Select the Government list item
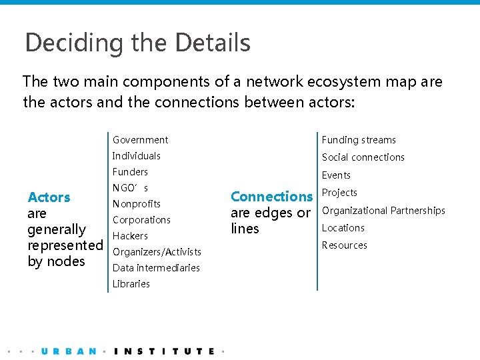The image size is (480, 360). [x=140, y=140]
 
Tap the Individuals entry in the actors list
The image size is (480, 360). [x=136, y=156]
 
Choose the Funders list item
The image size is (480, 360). [x=130, y=172]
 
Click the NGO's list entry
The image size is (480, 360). [x=130, y=188]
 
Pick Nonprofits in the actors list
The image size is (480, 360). [x=136, y=204]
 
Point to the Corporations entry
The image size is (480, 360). [x=141, y=220]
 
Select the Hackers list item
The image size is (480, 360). [x=130, y=236]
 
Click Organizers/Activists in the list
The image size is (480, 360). [x=157, y=252]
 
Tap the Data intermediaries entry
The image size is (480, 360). [x=156, y=268]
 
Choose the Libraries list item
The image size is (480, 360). [x=131, y=284]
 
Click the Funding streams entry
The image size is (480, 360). [x=359, y=140]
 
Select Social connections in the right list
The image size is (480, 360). [x=363, y=157]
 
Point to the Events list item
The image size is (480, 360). [x=336, y=175]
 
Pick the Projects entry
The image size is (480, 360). [x=339, y=193]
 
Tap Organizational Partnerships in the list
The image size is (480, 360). [x=383, y=211]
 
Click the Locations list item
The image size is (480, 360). [x=343, y=228]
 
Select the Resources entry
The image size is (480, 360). [x=344, y=245]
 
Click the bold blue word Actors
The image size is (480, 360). [x=49, y=197]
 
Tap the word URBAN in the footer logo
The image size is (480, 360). [x=69, y=351]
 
